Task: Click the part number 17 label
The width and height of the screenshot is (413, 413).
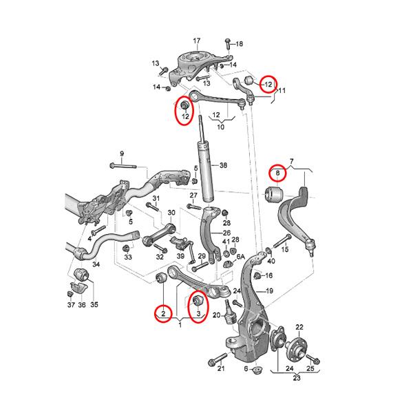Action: coord(197,41)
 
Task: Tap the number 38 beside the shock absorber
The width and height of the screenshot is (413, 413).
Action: coord(223,165)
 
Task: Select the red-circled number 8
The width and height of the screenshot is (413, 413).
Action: coord(277,173)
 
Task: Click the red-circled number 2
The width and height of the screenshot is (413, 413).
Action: coord(163,314)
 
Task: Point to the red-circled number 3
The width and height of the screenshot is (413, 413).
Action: coord(199,313)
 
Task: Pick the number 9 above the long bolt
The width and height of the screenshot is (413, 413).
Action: coord(122,153)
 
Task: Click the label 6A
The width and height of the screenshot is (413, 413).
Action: coord(241,257)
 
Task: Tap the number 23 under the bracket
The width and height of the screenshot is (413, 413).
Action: coord(297,378)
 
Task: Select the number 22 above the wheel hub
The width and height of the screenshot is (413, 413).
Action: coord(299,327)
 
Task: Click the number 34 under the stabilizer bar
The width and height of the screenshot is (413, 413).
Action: coord(96,264)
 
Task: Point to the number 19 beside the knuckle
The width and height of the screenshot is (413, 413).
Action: coord(269,291)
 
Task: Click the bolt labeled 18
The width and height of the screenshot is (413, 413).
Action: coord(228,44)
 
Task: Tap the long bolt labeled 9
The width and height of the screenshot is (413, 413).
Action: coord(123,166)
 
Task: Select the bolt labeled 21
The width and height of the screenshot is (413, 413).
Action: coord(218,359)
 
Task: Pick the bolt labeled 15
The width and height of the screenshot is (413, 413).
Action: coord(282,241)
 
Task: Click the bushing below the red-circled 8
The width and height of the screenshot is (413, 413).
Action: coord(273,194)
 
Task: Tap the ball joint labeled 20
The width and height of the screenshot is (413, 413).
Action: coord(230,312)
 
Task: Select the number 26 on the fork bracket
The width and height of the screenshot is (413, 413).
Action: coord(226,233)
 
